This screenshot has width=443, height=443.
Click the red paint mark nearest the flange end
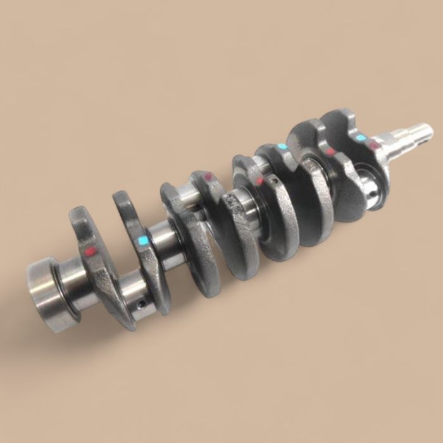coord(90,251)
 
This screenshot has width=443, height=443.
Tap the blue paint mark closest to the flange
coord(143,240)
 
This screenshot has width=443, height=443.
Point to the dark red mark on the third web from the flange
coord(207,178)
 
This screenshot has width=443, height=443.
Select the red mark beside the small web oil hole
coord(259,182)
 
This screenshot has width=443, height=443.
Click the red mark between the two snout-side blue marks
coord(330,152)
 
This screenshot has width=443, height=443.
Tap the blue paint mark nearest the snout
coord(361,137)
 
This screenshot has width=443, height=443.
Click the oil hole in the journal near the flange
coord(140,304)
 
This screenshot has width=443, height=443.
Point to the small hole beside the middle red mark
coord(273,180)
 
